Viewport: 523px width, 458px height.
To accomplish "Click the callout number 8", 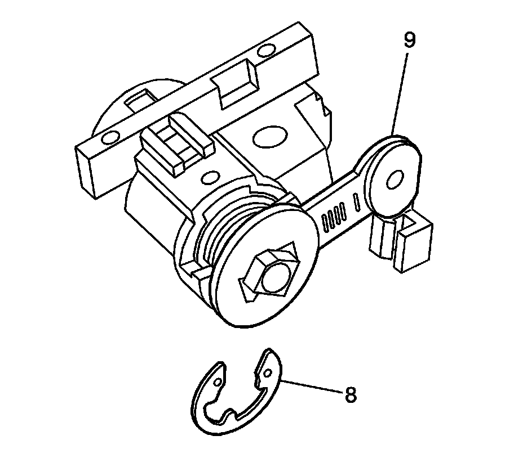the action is [350, 394].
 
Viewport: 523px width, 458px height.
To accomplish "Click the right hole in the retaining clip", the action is [268, 372].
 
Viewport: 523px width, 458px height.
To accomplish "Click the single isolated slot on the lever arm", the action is [356, 200].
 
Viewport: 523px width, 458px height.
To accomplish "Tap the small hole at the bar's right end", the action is [263, 55].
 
